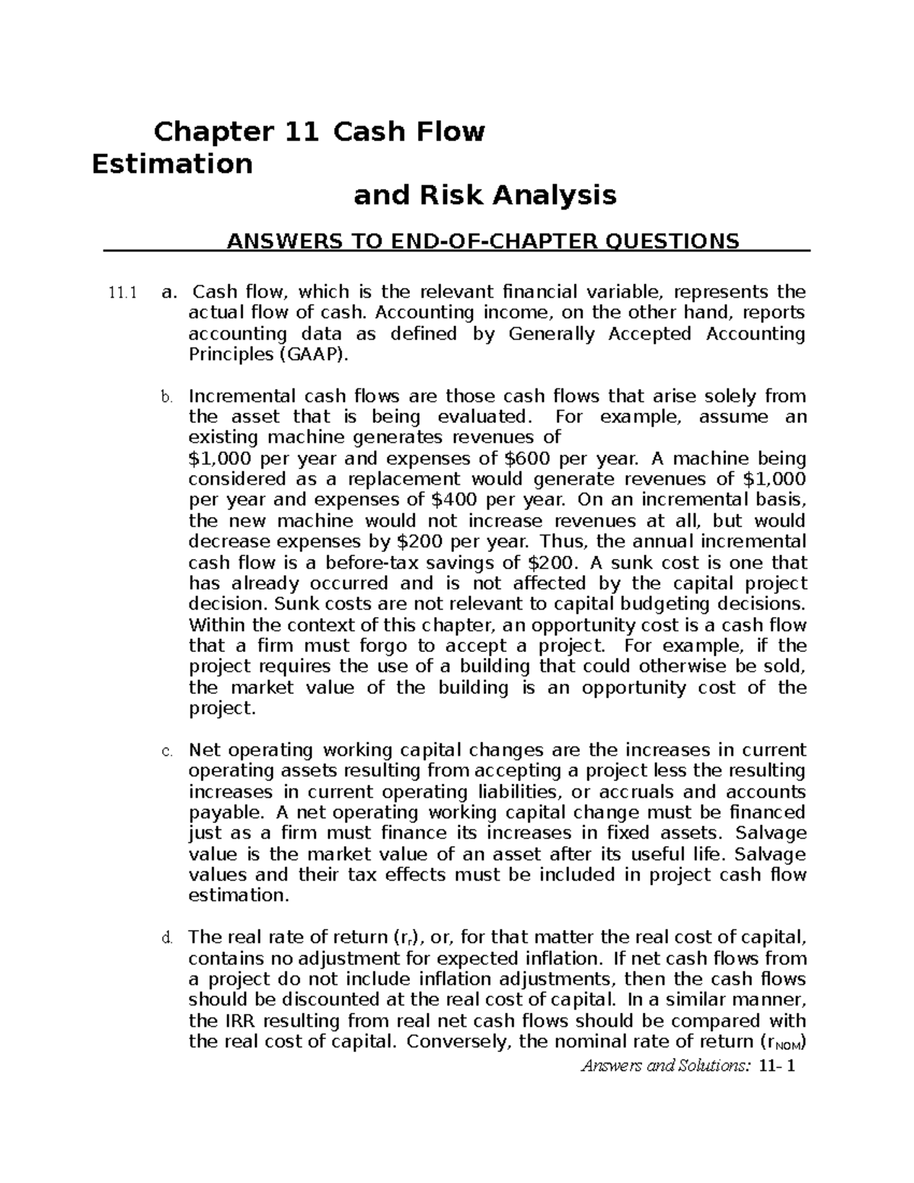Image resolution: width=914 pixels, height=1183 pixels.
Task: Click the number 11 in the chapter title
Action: click(x=299, y=132)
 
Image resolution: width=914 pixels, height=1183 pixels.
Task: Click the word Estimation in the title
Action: click(x=171, y=163)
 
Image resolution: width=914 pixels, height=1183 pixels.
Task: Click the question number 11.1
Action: click(x=121, y=293)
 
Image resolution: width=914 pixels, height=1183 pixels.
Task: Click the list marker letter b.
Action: click(x=167, y=397)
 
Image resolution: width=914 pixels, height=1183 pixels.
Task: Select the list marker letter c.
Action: click(x=167, y=751)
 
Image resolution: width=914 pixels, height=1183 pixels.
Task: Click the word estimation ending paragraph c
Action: click(x=238, y=895)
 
